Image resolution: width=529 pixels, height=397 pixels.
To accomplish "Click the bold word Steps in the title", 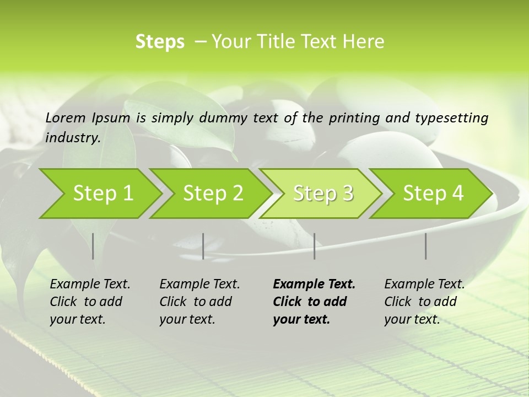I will (160, 42).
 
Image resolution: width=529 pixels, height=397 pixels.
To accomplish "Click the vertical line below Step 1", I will (93, 246).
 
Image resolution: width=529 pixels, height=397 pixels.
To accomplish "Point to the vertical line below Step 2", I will (203, 246).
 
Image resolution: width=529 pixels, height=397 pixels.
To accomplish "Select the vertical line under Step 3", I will (315, 246).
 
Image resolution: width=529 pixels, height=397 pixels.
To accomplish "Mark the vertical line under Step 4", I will (426, 246).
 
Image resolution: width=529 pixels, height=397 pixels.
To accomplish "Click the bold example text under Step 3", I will (314, 302).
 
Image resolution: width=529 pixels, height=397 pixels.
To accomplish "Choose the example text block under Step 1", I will (90, 302).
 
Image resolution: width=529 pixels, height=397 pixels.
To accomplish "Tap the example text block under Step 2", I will (199, 302).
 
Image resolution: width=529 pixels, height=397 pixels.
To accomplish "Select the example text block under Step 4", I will (424, 302).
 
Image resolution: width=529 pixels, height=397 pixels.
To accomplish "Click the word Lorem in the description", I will (66, 118).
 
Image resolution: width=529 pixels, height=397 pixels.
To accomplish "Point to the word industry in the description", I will (72, 138).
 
